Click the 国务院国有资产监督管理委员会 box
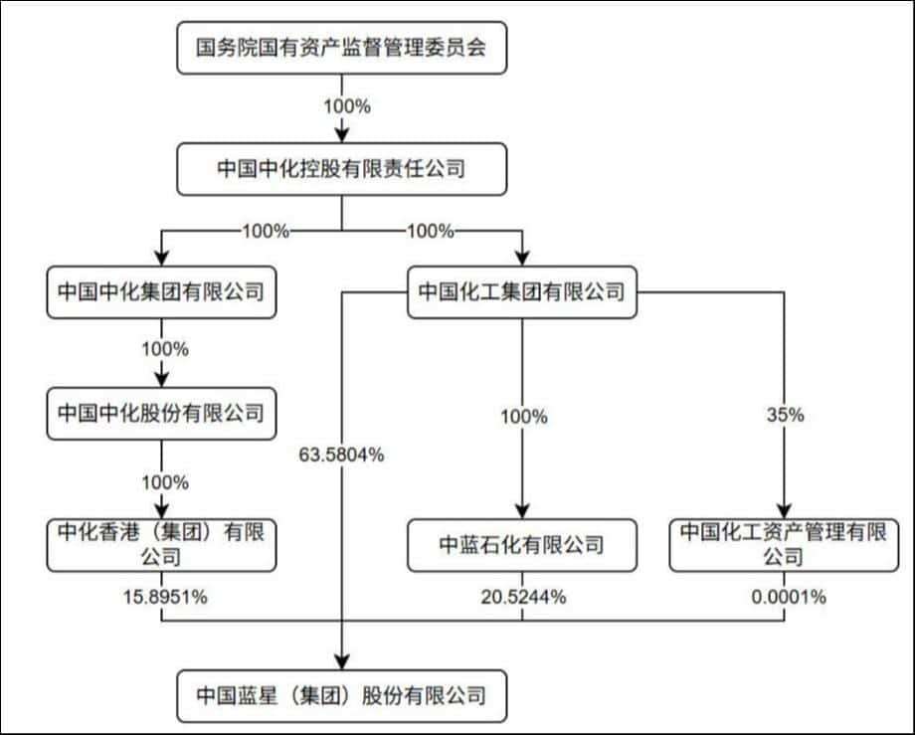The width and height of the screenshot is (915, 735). (x=341, y=48)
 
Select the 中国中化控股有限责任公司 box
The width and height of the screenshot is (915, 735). (x=341, y=169)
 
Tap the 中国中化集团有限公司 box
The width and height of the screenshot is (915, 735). (x=160, y=292)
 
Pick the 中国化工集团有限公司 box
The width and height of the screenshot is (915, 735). (x=522, y=292)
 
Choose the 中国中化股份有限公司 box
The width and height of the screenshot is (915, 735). (x=160, y=413)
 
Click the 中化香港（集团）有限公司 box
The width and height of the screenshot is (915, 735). (x=160, y=544)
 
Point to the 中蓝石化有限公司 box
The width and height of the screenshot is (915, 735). (x=522, y=545)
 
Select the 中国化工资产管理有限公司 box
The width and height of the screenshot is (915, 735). (x=783, y=544)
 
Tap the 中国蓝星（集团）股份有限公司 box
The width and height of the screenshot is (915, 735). (x=341, y=693)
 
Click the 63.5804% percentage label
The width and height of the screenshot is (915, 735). (x=341, y=457)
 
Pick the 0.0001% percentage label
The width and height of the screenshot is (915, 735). (x=784, y=597)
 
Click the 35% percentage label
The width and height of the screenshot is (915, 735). (x=784, y=417)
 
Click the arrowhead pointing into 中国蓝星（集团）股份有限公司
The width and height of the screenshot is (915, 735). (x=342, y=663)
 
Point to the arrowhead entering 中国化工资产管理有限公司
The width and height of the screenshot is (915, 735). (x=784, y=510)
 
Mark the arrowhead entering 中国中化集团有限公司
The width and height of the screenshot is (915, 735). (x=160, y=257)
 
